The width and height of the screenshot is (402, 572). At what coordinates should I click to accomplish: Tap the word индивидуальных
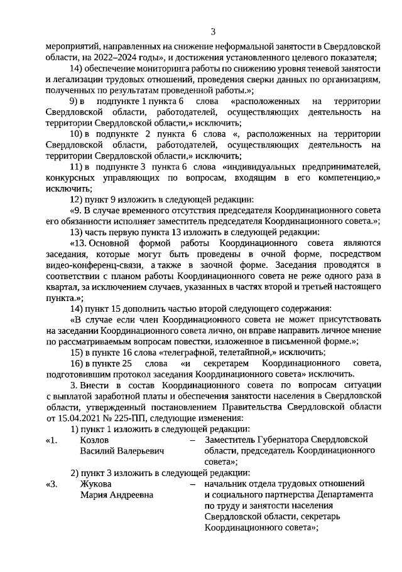pos(258,166)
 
